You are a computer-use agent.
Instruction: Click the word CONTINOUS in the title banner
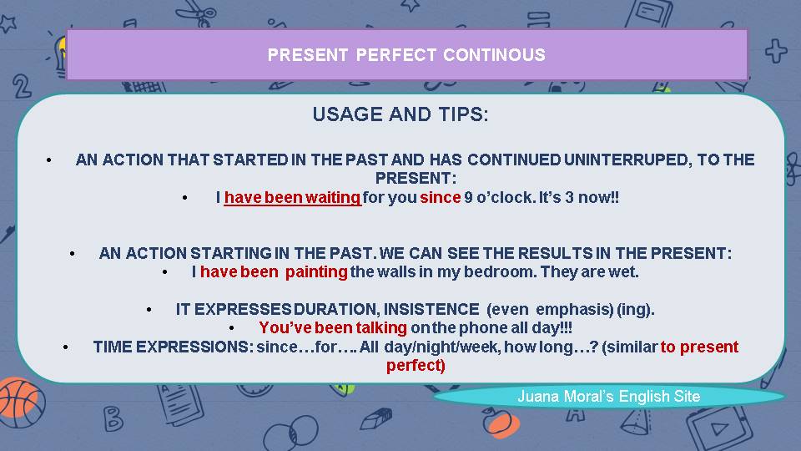[x=494, y=55]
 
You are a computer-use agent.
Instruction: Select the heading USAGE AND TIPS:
[x=400, y=115]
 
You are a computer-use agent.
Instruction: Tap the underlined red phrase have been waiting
[x=292, y=198]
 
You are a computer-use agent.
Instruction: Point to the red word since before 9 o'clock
[x=440, y=198]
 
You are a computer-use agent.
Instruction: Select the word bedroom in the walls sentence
[x=508, y=271]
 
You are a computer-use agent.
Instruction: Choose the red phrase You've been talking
[x=333, y=328]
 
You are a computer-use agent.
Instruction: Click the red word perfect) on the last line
[x=416, y=365]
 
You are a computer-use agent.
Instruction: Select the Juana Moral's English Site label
[x=608, y=397]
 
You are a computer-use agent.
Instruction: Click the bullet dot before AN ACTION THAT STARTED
[x=51, y=160]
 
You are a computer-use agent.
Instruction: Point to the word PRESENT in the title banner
[x=307, y=55]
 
